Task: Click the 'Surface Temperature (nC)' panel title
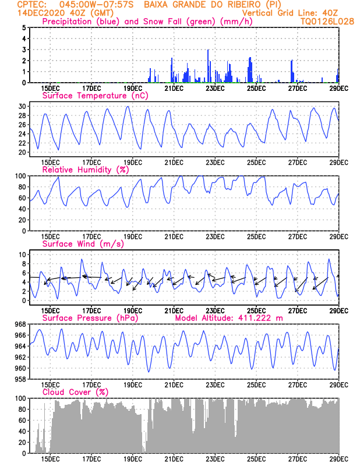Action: (95, 96)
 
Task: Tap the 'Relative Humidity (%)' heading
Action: (86, 170)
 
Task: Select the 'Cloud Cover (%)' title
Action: (75, 392)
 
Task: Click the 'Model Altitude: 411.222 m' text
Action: (229, 318)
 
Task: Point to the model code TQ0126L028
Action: (327, 22)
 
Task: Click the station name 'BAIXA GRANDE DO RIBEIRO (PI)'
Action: (213, 5)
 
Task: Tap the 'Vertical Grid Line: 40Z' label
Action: (290, 13)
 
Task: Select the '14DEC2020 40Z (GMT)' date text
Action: (65, 13)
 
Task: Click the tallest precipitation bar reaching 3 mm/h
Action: (208, 66)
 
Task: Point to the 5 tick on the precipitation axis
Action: (24, 27)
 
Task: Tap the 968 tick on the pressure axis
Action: (21, 324)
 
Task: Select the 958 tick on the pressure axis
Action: (21, 379)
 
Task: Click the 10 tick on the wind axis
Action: (23, 255)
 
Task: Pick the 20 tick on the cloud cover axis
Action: (23, 442)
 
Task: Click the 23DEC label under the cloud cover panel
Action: (215, 459)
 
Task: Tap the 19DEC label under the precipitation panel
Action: (133, 89)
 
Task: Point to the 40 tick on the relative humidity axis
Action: (23, 209)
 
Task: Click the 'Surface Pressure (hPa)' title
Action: (90, 318)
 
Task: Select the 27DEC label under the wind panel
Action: (297, 311)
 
